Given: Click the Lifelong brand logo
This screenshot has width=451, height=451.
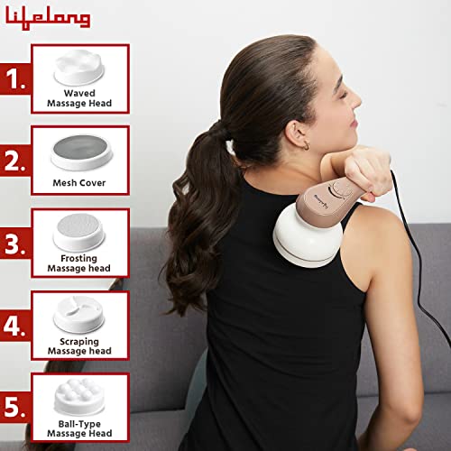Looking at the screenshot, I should [x=47, y=17].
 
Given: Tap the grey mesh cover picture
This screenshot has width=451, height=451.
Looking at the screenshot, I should [x=79, y=146].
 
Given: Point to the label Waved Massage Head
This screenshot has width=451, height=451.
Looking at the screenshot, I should [x=79, y=98].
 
